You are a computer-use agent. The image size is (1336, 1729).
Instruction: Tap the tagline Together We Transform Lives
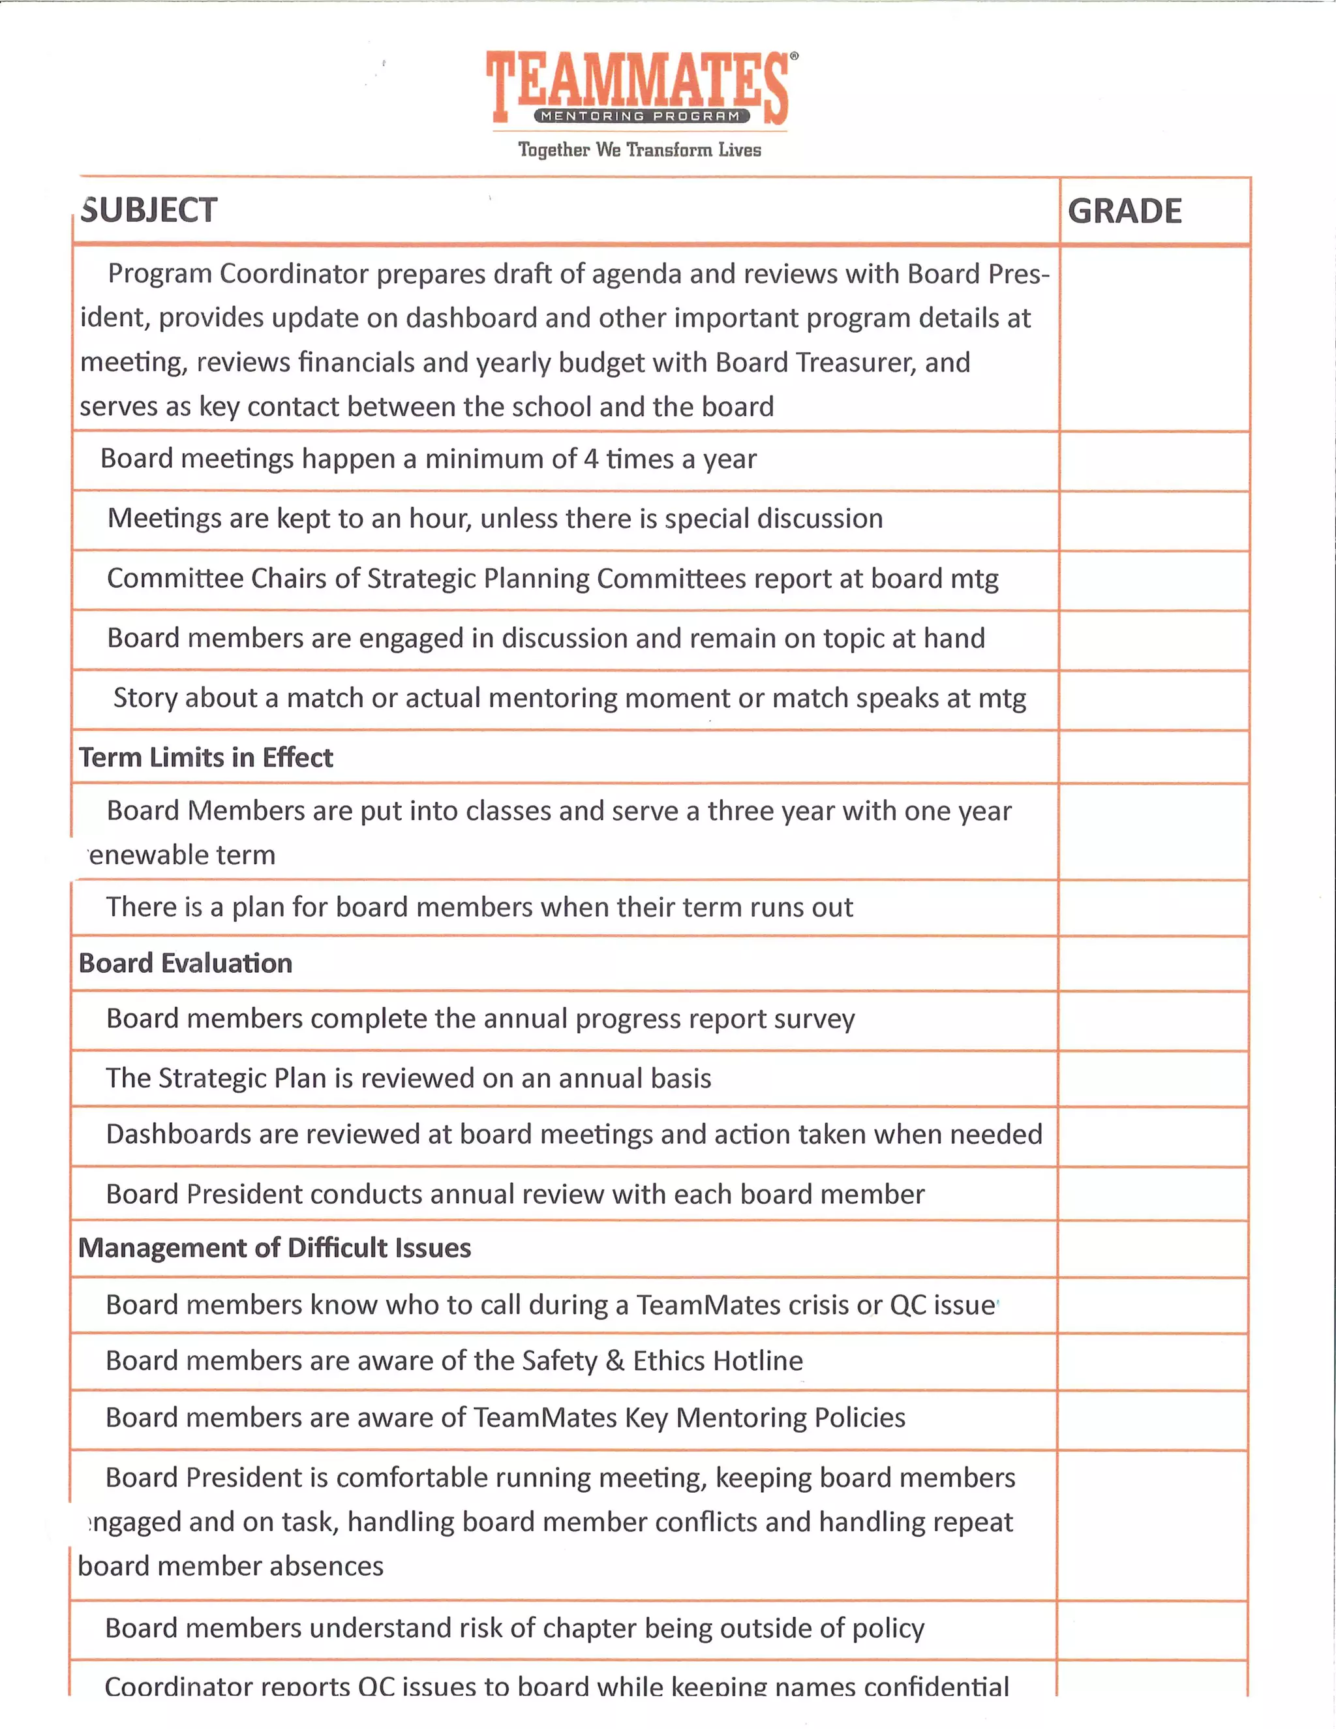click(639, 149)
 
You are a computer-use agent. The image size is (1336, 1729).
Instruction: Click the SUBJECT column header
click(149, 211)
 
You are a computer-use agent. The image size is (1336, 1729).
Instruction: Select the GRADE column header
click(1124, 211)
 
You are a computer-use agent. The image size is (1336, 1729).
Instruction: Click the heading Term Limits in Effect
click(205, 757)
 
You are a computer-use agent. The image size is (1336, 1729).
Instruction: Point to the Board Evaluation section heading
click(185, 964)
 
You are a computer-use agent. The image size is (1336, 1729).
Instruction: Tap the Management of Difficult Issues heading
click(274, 1248)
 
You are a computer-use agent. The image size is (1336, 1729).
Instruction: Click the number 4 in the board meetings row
click(590, 459)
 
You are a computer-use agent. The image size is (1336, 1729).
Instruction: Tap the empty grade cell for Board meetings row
click(1154, 461)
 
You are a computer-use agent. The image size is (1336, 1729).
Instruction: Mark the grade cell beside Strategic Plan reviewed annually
click(1153, 1079)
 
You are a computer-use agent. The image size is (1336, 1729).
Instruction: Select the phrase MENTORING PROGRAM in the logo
click(641, 116)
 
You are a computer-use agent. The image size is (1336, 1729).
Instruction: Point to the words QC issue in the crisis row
click(942, 1305)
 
